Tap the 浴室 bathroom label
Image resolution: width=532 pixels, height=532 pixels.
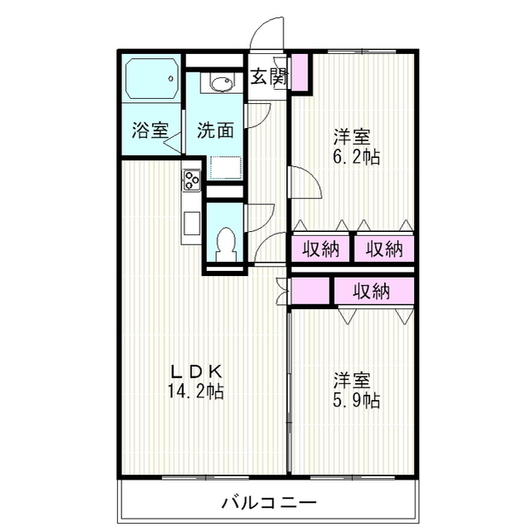pyautogui.click(x=150, y=131)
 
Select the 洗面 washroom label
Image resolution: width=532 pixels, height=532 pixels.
pyautogui.click(x=214, y=131)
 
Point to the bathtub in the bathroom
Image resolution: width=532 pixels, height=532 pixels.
pyautogui.click(x=150, y=79)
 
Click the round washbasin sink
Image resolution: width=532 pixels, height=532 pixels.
pyautogui.click(x=222, y=83)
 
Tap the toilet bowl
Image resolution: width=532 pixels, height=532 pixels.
pyautogui.click(x=224, y=241)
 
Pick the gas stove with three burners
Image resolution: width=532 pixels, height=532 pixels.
pyautogui.click(x=191, y=179)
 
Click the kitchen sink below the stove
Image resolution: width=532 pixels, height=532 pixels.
pyautogui.click(x=191, y=224)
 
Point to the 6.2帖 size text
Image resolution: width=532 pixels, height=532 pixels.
pyautogui.click(x=357, y=156)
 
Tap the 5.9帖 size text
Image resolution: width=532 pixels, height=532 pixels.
pyautogui.click(x=357, y=401)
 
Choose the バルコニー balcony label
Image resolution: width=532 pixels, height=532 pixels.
pyautogui.click(x=268, y=503)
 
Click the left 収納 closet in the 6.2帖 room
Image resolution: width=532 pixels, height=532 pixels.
pyautogui.click(x=321, y=249)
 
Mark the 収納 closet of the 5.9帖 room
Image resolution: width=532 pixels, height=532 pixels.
pyautogui.click(x=372, y=291)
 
